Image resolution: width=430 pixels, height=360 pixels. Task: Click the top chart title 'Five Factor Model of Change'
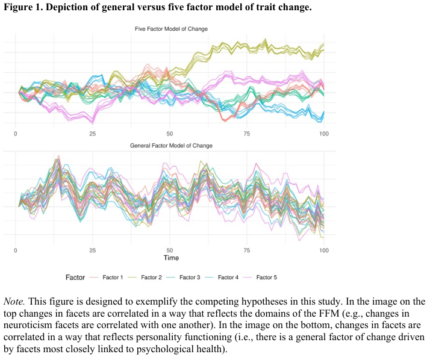(x=171, y=29)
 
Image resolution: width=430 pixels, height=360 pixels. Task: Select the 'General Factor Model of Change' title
(x=171, y=146)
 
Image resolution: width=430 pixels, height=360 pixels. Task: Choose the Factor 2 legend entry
(x=151, y=278)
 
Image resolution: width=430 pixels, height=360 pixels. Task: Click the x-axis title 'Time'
(x=171, y=258)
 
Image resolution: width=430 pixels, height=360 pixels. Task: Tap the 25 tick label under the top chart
(x=93, y=133)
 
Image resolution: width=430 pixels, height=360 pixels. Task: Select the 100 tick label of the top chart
(x=324, y=133)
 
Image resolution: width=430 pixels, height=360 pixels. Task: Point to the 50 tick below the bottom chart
(x=170, y=249)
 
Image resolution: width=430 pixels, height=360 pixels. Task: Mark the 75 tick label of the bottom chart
(x=247, y=249)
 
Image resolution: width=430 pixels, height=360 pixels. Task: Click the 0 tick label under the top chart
(x=15, y=133)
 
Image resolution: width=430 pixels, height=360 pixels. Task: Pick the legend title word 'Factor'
(x=75, y=278)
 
